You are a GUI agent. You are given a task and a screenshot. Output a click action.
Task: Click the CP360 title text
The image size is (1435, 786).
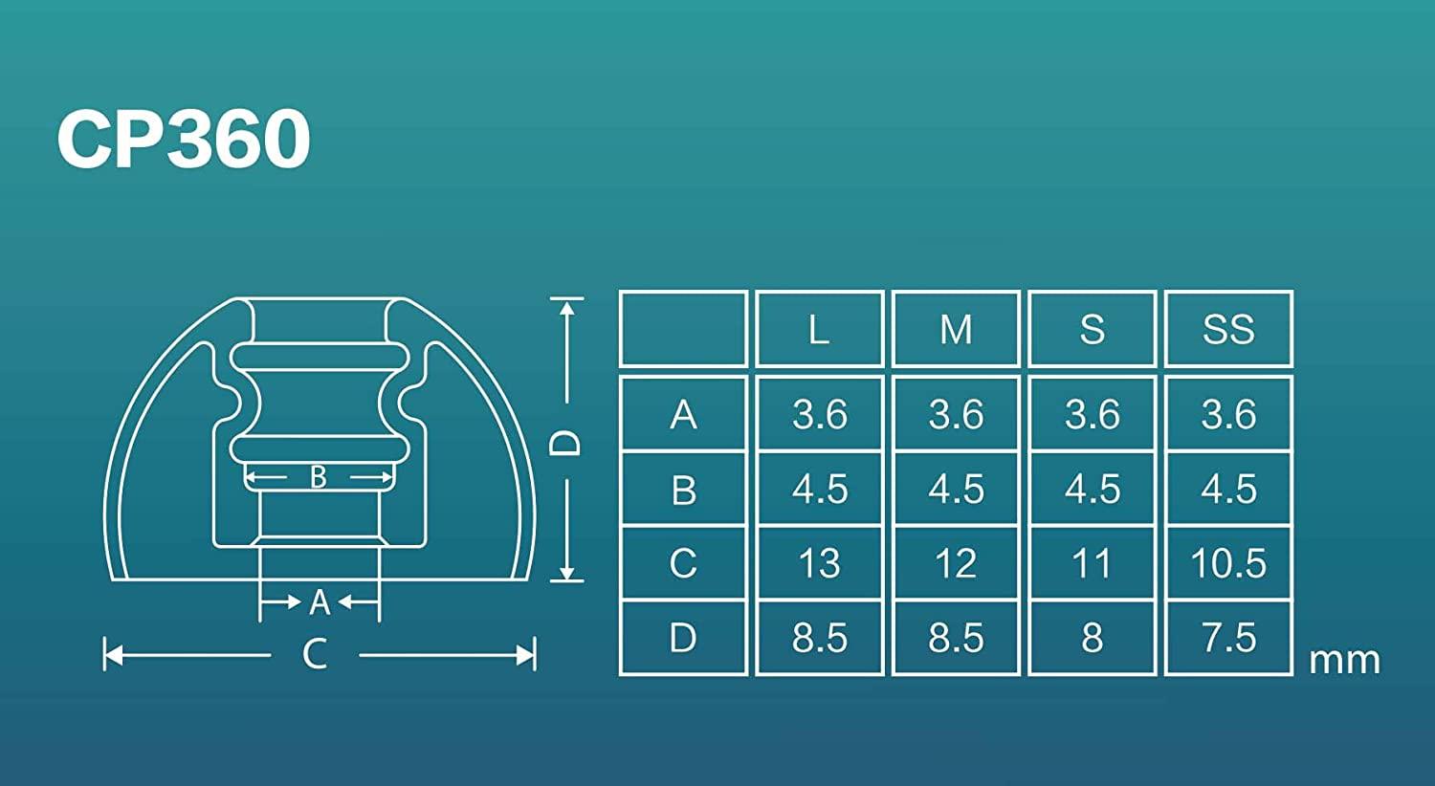[184, 140]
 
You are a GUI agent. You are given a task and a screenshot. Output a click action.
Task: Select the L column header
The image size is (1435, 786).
[819, 330]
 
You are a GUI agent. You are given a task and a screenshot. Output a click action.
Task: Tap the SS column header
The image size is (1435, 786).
[1228, 330]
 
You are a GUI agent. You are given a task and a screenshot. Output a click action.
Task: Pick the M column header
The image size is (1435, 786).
[956, 330]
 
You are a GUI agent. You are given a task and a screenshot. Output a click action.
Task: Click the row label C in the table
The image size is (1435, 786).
[683, 563]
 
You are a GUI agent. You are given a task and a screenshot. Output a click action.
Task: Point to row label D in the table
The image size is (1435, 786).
[683, 638]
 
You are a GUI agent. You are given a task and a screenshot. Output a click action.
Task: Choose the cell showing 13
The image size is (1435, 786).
[819, 563]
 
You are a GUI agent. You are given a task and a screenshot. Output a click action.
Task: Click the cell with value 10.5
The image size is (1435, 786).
[1228, 563]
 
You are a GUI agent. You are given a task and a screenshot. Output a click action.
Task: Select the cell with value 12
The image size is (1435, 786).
[956, 563]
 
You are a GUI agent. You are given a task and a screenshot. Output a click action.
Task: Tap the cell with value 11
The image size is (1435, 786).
[1092, 563]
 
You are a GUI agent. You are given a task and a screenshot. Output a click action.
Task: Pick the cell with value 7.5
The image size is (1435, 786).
[1228, 638]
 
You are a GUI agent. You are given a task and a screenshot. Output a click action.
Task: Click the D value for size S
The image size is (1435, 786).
[1092, 638]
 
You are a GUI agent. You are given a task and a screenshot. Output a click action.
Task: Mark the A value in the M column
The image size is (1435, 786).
[956, 414]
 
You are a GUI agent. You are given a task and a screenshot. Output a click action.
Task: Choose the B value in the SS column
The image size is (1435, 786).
[1228, 489]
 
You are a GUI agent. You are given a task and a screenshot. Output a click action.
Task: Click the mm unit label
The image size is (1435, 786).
[1344, 660]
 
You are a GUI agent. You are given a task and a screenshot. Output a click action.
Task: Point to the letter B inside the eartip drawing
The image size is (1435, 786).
[319, 476]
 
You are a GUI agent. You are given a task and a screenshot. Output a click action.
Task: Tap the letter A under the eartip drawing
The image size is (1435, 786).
[320, 602]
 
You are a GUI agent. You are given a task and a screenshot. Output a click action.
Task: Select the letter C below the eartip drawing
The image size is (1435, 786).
[315, 655]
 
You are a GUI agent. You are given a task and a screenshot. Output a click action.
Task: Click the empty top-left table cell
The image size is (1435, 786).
[683, 330]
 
